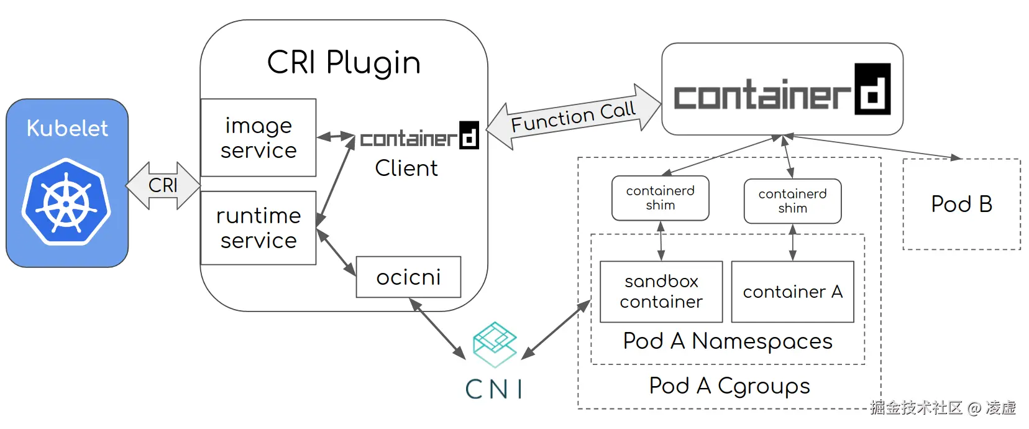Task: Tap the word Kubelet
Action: [67, 128]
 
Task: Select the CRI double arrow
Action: [163, 185]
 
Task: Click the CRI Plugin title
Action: [344, 63]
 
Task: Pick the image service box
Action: [258, 137]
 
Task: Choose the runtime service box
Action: [258, 228]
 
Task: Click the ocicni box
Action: [408, 277]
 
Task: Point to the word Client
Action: [406, 168]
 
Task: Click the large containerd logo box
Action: [782, 89]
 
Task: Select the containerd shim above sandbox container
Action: [660, 198]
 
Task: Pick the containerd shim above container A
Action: [792, 201]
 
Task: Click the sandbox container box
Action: [661, 292]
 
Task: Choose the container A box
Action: [792, 292]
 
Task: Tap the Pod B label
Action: [961, 204]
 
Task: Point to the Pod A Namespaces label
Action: [728, 341]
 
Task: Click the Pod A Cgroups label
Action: [729, 386]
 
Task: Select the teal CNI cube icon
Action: [495, 344]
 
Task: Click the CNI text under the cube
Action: [494, 390]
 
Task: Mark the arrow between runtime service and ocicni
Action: [336, 252]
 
